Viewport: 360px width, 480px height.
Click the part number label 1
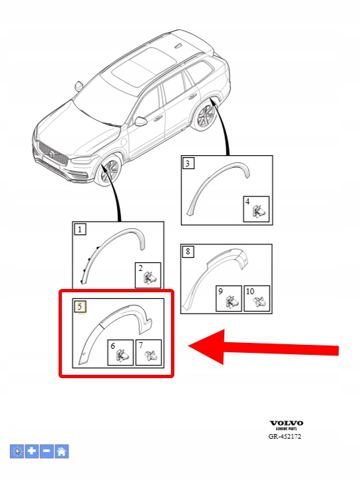tap(80, 229)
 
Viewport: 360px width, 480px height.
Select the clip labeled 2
tap(149, 278)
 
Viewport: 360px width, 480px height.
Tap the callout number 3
tap(188, 163)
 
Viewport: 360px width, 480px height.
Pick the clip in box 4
tap(258, 212)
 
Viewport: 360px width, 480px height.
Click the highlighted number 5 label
tap(80, 306)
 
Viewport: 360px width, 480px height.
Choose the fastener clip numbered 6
tap(122, 356)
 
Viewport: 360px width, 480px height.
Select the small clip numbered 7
tap(151, 356)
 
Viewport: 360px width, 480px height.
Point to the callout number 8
tap(188, 252)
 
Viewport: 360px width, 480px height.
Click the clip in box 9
tap(232, 302)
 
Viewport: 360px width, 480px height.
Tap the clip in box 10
tap(260, 302)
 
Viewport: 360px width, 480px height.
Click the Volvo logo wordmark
tap(286, 423)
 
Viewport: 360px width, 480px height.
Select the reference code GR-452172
tap(285, 436)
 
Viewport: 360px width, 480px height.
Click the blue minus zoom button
tap(47, 451)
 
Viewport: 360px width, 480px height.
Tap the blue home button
tap(61, 451)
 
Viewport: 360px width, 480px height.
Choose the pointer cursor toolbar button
tap(17, 451)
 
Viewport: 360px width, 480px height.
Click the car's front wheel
tap(108, 170)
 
